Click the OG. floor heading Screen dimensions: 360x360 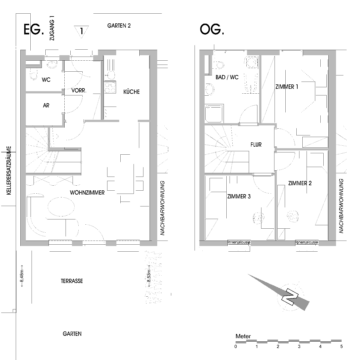coord(213,30)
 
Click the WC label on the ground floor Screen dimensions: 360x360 coord(46,78)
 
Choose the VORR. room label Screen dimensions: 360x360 coord(77,91)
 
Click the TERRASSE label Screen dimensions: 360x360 coord(71,282)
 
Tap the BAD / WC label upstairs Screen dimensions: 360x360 coord(226,77)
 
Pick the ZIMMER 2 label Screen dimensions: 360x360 coord(300,183)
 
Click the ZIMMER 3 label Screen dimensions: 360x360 coord(238,196)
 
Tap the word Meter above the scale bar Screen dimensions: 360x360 coord(242,338)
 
